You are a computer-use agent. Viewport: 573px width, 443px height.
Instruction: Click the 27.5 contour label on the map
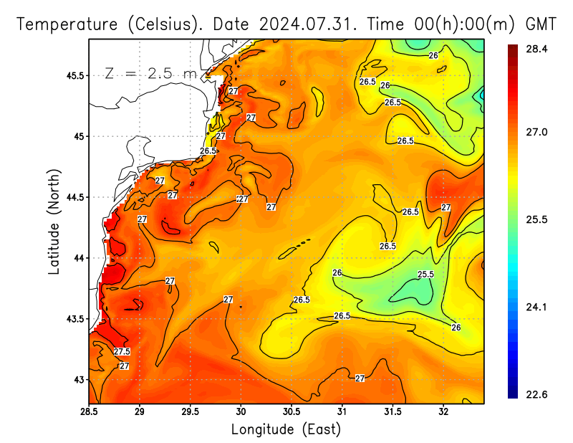(122, 351)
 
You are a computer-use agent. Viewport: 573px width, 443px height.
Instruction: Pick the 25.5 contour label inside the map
(425, 275)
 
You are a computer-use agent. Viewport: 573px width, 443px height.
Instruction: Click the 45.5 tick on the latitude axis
(73, 75)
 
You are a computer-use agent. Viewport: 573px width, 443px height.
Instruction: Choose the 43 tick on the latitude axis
(78, 379)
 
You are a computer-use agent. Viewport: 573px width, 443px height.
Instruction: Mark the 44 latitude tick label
(78, 258)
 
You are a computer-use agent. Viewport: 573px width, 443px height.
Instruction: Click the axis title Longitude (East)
(286, 429)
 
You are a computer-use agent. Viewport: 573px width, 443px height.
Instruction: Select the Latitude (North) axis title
(55, 221)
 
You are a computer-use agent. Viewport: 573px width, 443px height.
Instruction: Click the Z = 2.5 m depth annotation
(150, 74)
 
